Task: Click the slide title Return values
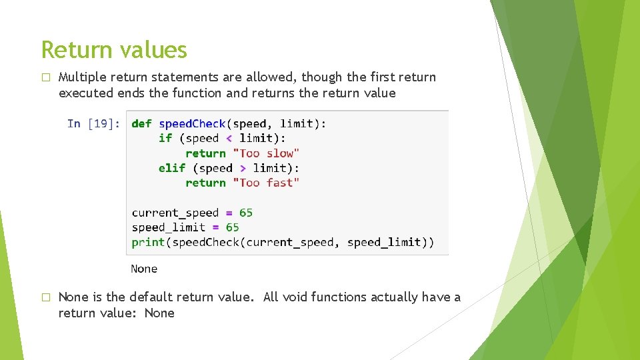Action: (x=114, y=50)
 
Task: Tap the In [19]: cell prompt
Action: (x=94, y=123)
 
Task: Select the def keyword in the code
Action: (x=141, y=123)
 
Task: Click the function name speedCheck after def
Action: (x=193, y=123)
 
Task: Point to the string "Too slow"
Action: (x=266, y=153)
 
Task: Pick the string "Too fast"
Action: (x=266, y=183)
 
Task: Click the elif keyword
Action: (x=172, y=168)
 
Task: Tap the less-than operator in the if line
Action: (x=229, y=138)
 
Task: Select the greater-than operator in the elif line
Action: (x=243, y=168)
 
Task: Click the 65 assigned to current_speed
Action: (x=246, y=213)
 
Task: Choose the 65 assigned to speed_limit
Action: (x=233, y=227)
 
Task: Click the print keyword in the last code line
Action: (x=148, y=242)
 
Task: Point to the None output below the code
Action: (x=144, y=269)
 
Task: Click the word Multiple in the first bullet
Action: (x=83, y=77)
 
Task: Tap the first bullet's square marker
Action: (x=45, y=77)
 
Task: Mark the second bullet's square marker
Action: (x=45, y=297)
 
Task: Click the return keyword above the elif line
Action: (x=205, y=153)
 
